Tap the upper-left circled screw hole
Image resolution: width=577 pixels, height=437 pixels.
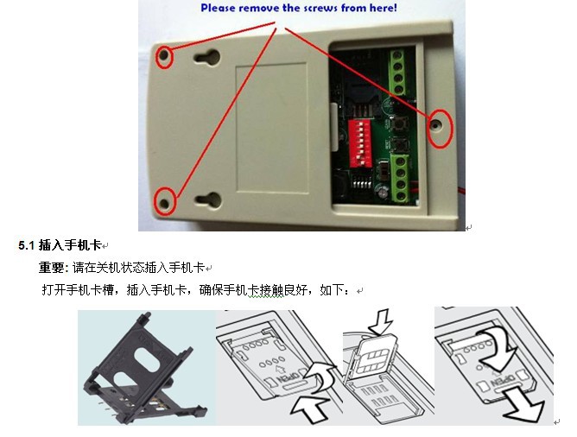[x=164, y=56]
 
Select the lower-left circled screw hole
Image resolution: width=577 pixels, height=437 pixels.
[x=164, y=204]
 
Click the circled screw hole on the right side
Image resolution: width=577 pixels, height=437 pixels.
[x=436, y=125]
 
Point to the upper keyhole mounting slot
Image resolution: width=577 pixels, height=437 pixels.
[x=207, y=57]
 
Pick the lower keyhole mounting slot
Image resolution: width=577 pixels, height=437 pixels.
[x=208, y=200]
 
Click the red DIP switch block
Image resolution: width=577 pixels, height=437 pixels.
[x=360, y=142]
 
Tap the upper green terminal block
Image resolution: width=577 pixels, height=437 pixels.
[x=398, y=72]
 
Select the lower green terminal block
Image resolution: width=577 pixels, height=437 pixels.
[x=401, y=179]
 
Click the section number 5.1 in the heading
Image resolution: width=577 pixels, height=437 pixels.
[x=26, y=245]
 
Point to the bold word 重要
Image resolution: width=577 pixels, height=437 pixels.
[x=52, y=268]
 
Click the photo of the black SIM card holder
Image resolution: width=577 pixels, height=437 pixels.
[x=146, y=368]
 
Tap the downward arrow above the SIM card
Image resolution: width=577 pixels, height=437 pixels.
[x=381, y=322]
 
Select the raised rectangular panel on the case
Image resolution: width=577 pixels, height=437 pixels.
[x=271, y=128]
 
